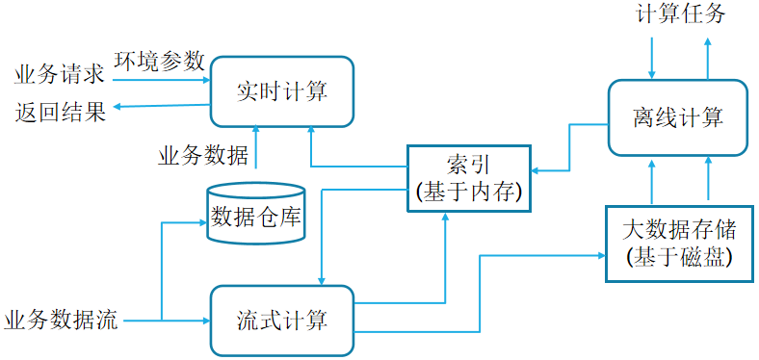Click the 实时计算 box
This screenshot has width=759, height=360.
[x=281, y=92]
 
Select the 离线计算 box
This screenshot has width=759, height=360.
[x=678, y=117]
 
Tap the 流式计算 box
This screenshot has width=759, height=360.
[x=281, y=321]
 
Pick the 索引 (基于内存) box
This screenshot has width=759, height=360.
[x=468, y=178]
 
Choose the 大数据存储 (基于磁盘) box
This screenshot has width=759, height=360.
[x=680, y=244]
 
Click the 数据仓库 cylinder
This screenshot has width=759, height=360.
[x=254, y=213]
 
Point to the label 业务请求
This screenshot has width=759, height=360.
[x=59, y=75]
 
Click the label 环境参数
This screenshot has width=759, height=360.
[x=159, y=62]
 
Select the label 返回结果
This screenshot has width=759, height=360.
[x=60, y=112]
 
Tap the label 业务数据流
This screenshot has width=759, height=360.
[x=61, y=321]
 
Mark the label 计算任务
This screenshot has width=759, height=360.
[x=681, y=13]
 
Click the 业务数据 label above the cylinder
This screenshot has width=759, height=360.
[x=203, y=156]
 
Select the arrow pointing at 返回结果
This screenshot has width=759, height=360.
[x=162, y=106]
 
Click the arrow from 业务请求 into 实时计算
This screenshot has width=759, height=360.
[x=161, y=80]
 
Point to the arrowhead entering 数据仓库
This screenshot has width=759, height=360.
[x=203, y=222]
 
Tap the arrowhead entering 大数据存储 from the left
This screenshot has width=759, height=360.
[x=602, y=255]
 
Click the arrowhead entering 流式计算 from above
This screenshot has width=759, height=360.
[x=321, y=281]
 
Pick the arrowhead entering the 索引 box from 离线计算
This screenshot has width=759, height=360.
[x=536, y=170]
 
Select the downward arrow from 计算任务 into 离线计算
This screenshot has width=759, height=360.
[x=652, y=58]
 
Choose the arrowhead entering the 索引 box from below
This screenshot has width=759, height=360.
[x=445, y=217]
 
